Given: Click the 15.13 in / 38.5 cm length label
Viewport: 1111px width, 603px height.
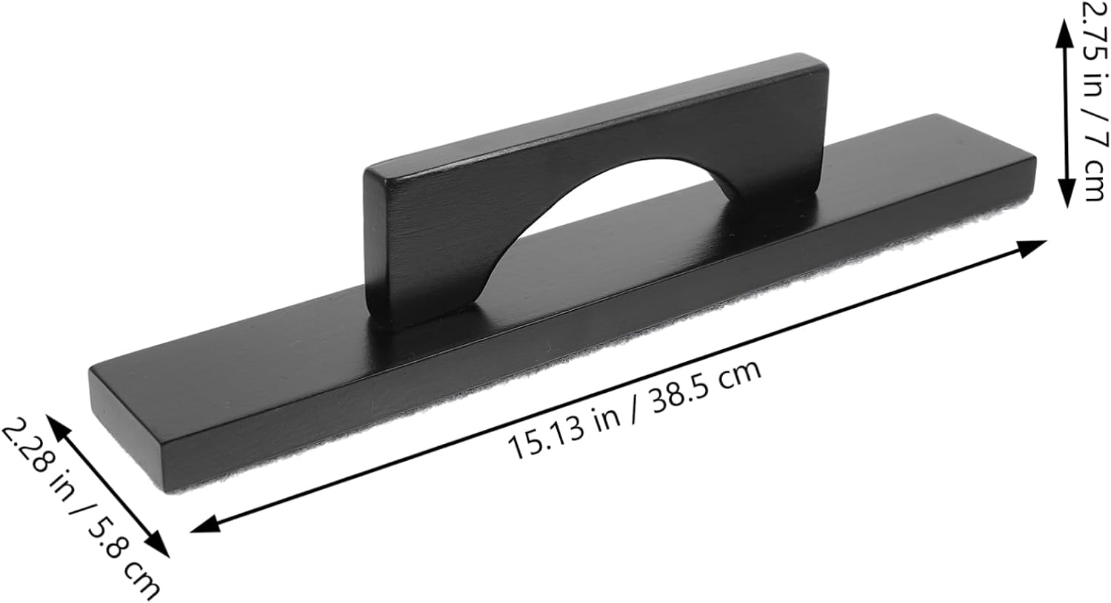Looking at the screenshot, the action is coord(634,409).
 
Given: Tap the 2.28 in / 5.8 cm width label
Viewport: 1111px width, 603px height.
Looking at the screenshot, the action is coord(81,508).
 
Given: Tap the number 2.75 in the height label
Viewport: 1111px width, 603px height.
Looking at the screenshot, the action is coord(1093,30).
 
